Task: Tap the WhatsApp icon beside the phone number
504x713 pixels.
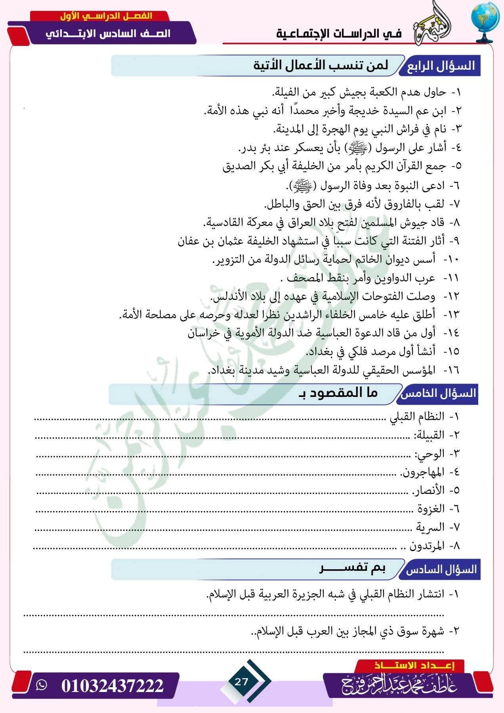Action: click(x=41, y=685)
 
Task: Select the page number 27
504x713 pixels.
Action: click(x=241, y=681)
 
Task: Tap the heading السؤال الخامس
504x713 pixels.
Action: click(x=439, y=393)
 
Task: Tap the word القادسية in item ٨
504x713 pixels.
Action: click(x=222, y=222)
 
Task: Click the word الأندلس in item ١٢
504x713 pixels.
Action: click(x=227, y=296)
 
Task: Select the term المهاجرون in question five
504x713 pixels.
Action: click(x=422, y=472)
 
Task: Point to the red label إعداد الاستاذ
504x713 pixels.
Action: click(x=414, y=666)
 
